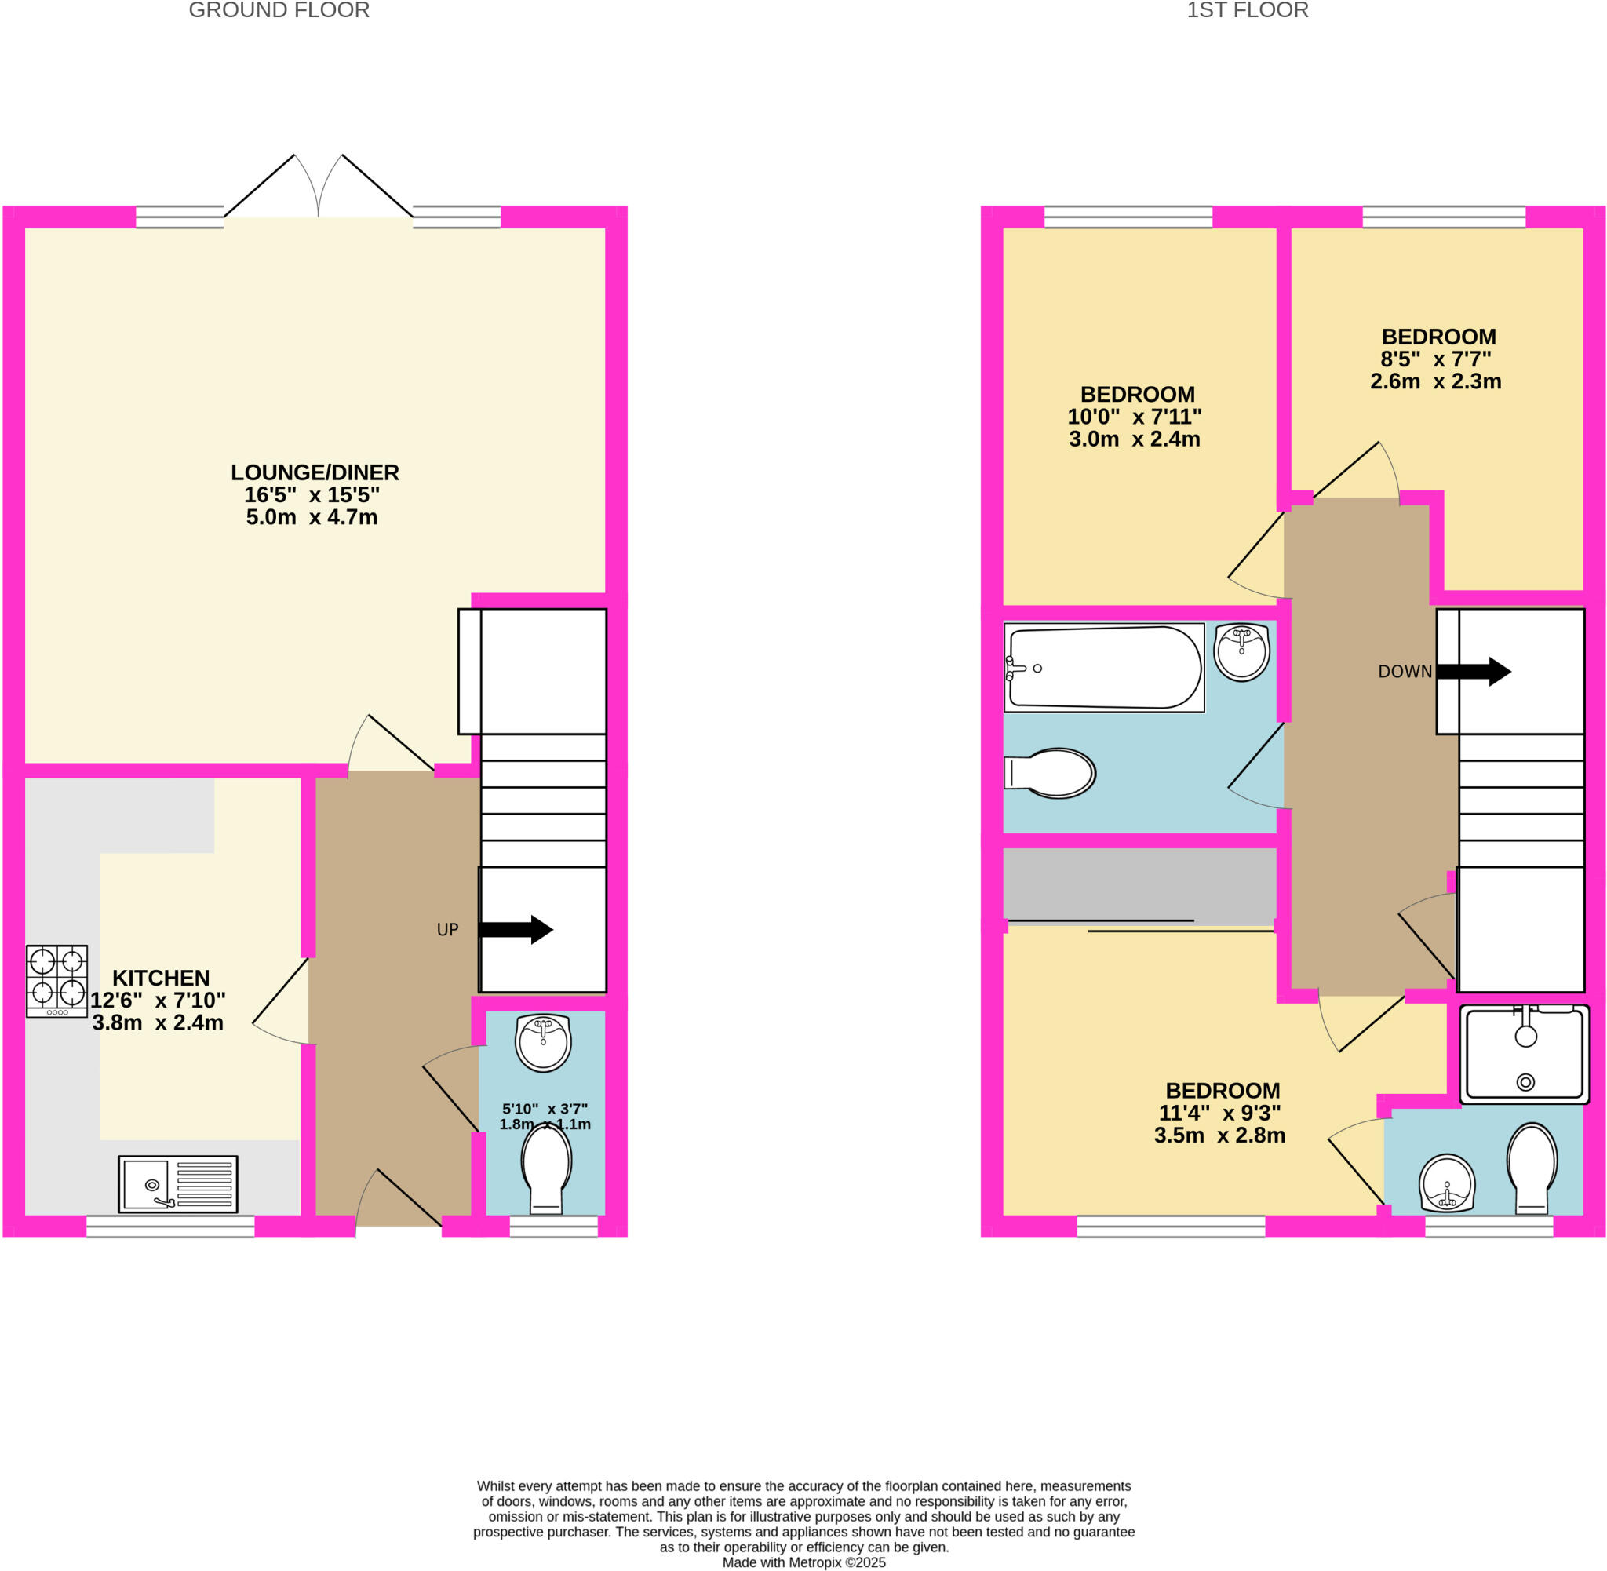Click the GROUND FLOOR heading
(279, 11)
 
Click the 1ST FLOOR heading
(1247, 11)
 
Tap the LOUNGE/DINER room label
(315, 472)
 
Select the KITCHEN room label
(161, 978)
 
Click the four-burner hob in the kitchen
(57, 981)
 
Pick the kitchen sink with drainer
(177, 1184)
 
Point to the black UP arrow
(516, 930)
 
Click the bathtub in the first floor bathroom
(1104, 669)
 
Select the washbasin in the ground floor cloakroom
(543, 1042)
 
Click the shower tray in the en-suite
(1524, 1054)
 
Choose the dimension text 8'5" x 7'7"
(1435, 359)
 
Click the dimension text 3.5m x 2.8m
(1219, 1136)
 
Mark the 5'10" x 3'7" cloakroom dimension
(545, 1110)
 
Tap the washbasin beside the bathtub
(1241, 652)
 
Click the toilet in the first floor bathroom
(1051, 773)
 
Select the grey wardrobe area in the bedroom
(1139, 884)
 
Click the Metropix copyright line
(803, 1562)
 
